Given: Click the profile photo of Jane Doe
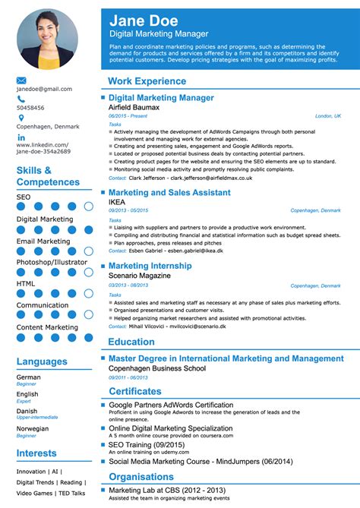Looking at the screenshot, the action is pos(47,39).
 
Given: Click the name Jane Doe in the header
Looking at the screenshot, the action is pos(144,21).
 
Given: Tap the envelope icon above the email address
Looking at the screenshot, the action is pos(21,80).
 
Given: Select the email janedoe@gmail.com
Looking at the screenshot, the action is pos(43,90).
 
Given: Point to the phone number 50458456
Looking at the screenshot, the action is pos(30,108).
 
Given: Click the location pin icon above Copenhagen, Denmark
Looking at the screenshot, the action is pos(21,118).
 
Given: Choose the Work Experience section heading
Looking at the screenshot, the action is pos(147,80).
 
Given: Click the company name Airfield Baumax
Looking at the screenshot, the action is pos(134,107).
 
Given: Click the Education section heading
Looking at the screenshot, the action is pos(131,342).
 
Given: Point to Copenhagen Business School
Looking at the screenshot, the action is pos(156,368).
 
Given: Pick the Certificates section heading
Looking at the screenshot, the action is pos(136,390).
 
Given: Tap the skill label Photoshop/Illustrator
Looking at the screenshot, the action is pos(51,262).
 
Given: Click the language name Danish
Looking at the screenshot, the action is pos(27,411).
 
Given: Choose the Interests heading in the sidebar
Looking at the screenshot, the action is pos(36,453).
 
